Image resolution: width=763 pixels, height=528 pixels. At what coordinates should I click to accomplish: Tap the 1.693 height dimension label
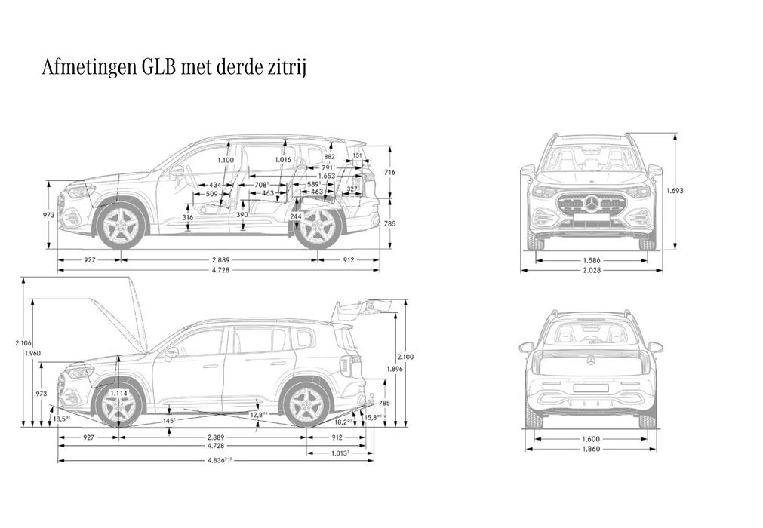click(674, 191)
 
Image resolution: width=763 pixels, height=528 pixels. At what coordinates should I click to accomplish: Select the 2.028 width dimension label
click(592, 269)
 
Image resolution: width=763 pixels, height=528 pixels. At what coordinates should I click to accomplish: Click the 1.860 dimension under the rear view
click(592, 449)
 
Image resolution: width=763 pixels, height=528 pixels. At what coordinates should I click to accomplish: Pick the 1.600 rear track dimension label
click(592, 438)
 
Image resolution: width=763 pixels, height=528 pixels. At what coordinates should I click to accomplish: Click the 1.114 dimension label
click(118, 393)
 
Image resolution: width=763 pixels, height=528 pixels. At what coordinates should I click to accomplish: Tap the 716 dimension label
click(390, 172)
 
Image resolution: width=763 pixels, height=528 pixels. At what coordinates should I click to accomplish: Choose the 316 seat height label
click(188, 217)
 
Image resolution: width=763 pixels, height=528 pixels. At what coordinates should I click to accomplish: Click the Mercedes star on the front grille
click(592, 204)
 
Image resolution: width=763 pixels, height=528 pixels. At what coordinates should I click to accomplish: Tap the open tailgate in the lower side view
click(362, 306)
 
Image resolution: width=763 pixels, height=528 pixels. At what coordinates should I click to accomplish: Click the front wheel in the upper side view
click(120, 225)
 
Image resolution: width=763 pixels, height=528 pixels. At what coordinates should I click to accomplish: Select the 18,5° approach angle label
click(60, 417)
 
